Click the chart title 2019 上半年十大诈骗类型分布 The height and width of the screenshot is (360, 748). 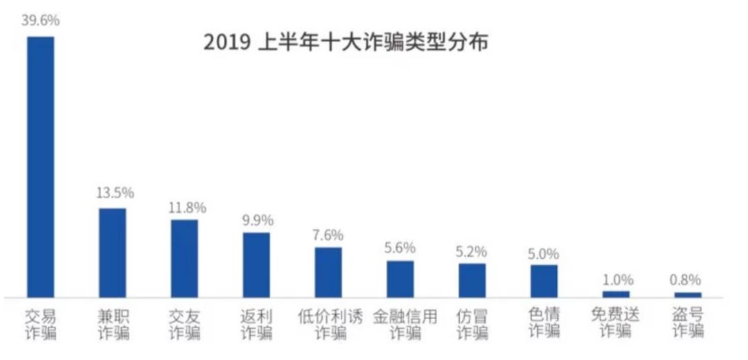tap(346, 42)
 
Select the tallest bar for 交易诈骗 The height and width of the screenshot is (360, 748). tap(39, 166)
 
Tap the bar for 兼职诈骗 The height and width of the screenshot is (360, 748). tap(112, 253)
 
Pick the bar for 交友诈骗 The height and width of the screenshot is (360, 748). tap(184, 258)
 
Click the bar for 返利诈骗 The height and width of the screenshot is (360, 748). tap(256, 264)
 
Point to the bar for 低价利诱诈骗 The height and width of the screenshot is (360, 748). tap(328, 272)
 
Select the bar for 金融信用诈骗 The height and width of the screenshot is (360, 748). tap(400, 279)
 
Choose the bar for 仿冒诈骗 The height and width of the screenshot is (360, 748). tap(472, 280)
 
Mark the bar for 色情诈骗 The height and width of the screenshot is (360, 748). tap(544, 281)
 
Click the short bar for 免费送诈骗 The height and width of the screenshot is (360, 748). tap(616, 294)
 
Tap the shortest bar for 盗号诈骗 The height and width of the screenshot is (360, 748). tap(688, 295)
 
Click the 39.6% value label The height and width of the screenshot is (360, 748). tap(40, 21)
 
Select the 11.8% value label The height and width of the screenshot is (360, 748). tap(187, 207)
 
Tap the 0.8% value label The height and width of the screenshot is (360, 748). tap(687, 280)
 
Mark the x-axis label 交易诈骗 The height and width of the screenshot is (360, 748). tap(40, 325)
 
